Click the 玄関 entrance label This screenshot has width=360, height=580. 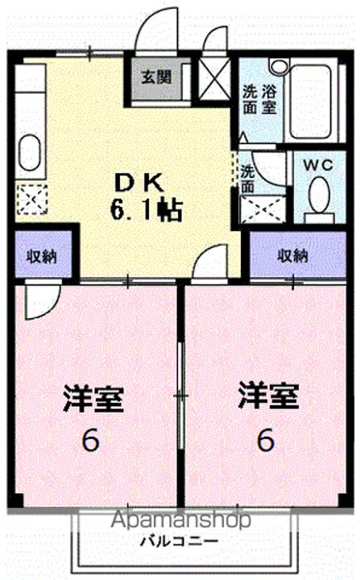(156, 77)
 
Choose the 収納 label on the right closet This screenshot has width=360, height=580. (293, 256)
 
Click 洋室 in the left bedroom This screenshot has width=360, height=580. (93, 400)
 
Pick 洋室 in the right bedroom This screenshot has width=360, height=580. (268, 396)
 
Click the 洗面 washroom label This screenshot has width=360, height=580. (247, 176)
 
